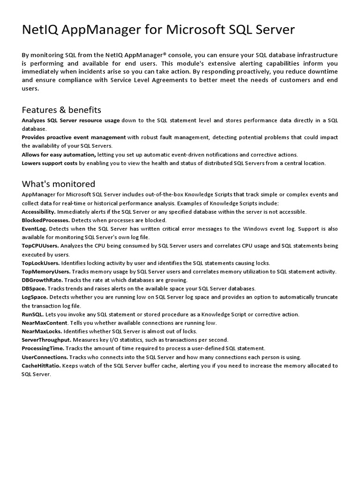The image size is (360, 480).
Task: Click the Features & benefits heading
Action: tap(61, 110)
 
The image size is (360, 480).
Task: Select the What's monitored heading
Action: tap(59, 184)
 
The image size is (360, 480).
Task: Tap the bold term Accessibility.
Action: tap(39, 212)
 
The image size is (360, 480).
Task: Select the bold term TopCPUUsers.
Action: tap(40, 246)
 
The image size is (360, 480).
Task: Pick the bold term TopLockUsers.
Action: tap(41, 263)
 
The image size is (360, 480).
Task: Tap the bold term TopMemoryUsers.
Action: tap(46, 271)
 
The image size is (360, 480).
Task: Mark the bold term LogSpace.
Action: tap(35, 297)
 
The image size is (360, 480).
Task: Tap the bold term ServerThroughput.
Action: tap(46, 340)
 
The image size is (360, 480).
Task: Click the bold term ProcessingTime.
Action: tap(43, 348)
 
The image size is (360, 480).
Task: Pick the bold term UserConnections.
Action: tap(45, 357)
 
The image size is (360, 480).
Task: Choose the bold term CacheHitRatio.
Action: tap(42, 366)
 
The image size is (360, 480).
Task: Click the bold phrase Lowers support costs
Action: tap(49, 163)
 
